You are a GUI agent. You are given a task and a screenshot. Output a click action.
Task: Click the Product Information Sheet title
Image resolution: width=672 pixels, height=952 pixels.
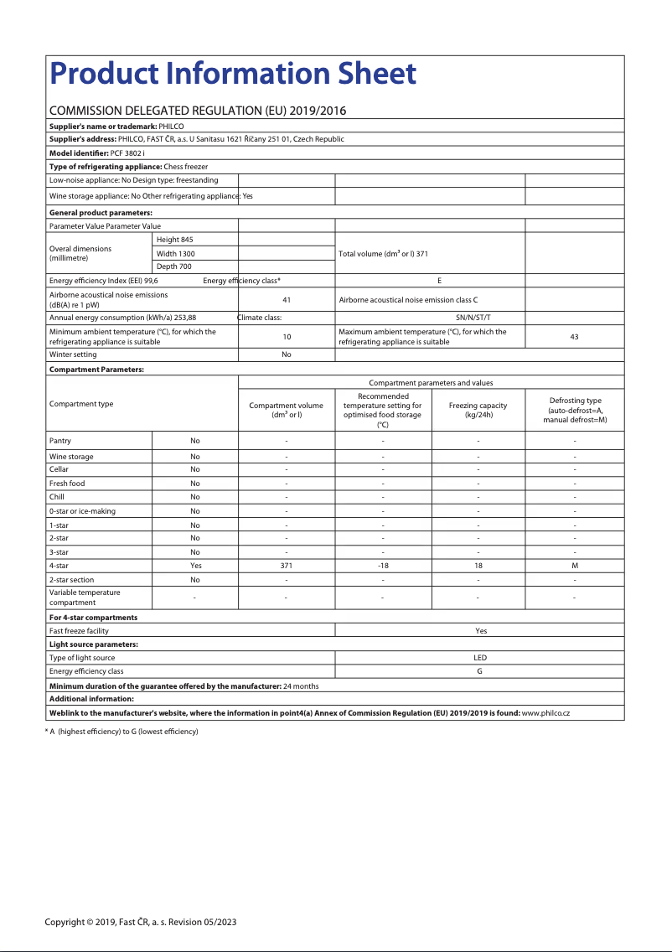[233, 75]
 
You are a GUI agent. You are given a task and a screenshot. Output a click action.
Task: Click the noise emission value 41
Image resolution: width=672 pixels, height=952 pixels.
[287, 299]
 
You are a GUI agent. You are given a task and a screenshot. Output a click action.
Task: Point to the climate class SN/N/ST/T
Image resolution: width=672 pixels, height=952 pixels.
[473, 318]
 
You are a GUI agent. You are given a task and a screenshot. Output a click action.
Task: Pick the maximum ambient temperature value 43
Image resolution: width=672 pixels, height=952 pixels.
[574, 337]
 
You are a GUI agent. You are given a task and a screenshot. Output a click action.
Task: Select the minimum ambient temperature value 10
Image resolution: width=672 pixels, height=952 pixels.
[287, 337]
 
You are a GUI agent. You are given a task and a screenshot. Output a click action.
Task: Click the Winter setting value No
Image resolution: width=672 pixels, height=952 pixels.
[287, 354]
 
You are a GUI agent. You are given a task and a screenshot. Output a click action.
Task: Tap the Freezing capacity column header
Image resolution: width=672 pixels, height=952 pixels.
[478, 410]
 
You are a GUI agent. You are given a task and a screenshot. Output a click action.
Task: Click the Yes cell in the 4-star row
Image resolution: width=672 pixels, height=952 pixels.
[195, 566]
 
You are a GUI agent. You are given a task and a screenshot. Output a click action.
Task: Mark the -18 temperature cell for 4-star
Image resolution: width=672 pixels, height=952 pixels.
[383, 566]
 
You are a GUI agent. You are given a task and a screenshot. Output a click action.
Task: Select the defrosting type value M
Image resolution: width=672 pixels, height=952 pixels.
[575, 566]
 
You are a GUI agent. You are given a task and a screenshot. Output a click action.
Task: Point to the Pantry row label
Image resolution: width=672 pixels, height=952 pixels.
[60, 441]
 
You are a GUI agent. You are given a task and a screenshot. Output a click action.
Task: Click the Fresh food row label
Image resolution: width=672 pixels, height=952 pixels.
[67, 484]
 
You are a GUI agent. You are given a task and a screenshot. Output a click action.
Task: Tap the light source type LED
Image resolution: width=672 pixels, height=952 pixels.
[480, 658]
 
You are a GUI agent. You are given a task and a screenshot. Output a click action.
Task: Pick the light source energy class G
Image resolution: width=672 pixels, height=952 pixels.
[480, 671]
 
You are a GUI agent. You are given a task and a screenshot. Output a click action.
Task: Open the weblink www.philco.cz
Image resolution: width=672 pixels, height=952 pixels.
[545, 713]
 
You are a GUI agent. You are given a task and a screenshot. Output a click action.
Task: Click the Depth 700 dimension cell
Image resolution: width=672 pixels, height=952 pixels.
[174, 266]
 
